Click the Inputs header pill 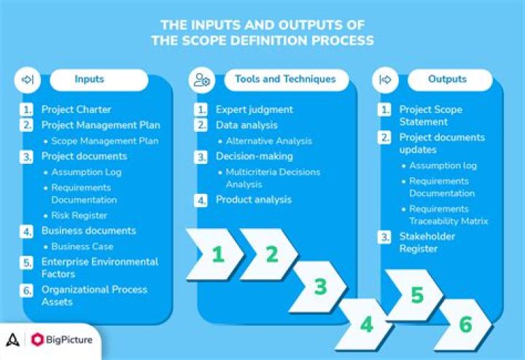pos(89,79)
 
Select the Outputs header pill pos(448,79)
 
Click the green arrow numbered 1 pos(216,254)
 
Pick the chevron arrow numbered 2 pos(271,254)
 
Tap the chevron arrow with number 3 pos(320,286)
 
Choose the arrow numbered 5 pos(416,295)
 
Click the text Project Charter pos(77,110)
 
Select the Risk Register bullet pos(79,215)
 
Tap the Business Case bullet pos(82,246)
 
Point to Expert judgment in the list pos(254,110)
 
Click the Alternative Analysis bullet pos(269,141)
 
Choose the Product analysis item pos(254,200)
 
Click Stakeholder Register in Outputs pos(427,242)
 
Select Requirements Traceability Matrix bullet pos(448,215)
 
